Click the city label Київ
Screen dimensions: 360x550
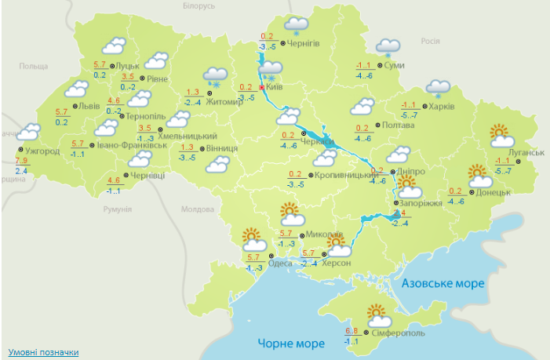coord(275,86)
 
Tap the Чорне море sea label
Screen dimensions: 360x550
coord(291,344)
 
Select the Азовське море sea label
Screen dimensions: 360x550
coord(443,282)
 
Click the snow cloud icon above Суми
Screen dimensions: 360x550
coord(388,49)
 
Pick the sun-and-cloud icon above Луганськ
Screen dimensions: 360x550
coord(501,136)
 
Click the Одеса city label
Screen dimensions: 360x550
coord(281,264)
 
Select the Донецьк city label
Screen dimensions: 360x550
coord(494,191)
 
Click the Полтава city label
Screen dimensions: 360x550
coord(398,125)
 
